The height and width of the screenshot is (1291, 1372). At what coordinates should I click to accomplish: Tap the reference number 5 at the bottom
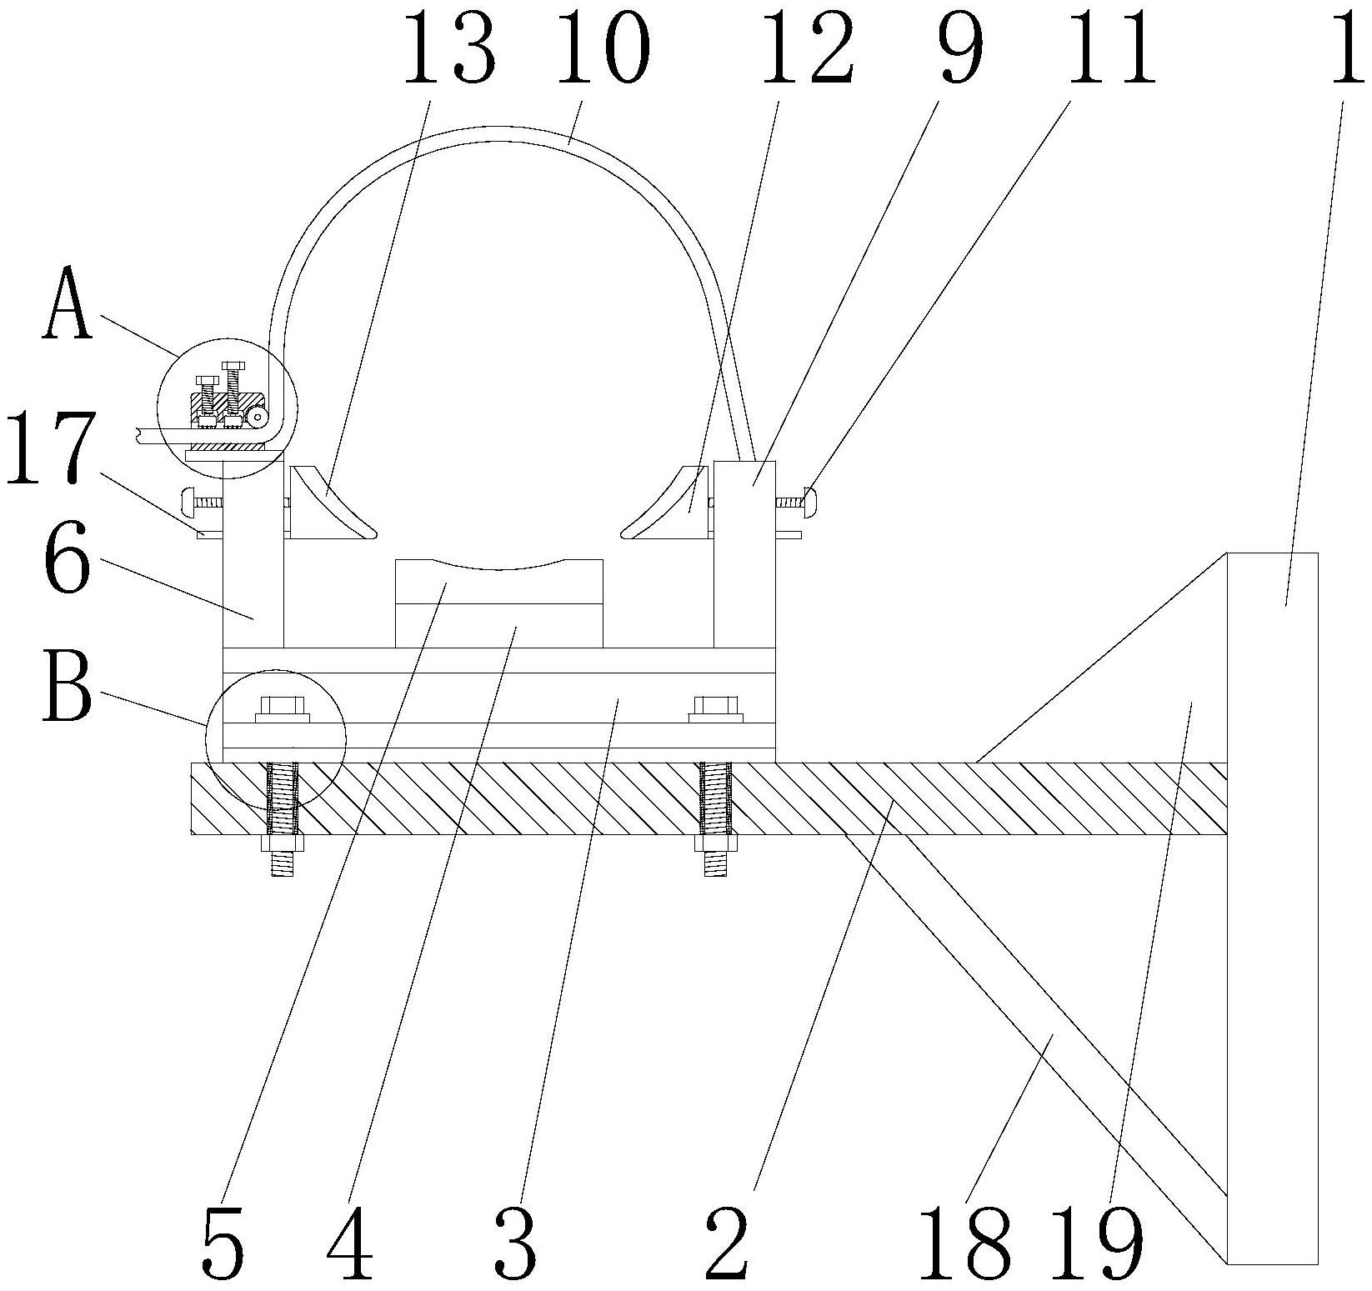point(223,1245)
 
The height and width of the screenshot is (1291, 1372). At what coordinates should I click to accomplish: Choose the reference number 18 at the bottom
point(965,1245)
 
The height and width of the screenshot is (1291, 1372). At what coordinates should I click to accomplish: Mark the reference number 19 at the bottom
point(1094,1245)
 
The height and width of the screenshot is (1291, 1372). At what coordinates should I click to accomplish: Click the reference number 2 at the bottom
point(727,1245)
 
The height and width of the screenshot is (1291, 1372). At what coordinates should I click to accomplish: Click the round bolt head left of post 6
point(188,503)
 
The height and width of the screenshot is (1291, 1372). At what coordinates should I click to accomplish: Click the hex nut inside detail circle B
point(283,708)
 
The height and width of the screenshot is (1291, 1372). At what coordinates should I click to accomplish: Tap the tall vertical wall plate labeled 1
point(1272,917)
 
